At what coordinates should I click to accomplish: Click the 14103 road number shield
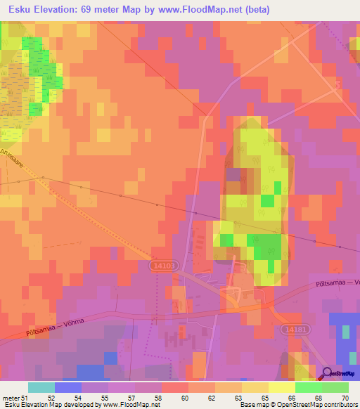click(162, 266)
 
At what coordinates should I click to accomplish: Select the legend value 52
click(51, 398)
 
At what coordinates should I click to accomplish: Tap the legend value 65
click(265, 398)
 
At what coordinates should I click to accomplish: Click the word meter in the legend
click(11, 398)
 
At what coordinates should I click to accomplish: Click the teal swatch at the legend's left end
click(41, 387)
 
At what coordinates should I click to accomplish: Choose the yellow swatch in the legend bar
click(281, 387)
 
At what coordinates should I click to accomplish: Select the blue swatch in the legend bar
click(67, 387)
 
